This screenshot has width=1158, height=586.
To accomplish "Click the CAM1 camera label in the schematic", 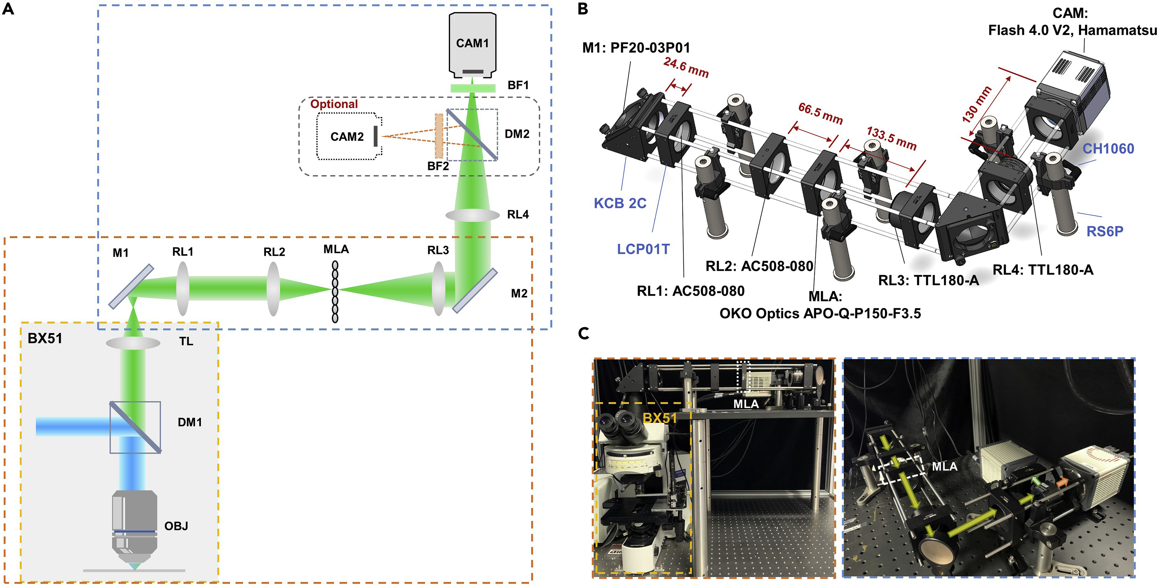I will (x=472, y=43).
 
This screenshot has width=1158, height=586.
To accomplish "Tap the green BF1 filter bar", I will (x=473, y=88).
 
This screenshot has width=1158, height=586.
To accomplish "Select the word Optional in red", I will (x=334, y=104).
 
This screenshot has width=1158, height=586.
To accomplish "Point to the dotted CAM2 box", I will (x=347, y=137).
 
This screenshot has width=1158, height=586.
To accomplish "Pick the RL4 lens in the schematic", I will (x=472, y=215).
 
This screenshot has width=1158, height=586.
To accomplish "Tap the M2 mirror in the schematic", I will (x=475, y=291).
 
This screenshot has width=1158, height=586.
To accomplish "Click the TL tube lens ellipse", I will (x=133, y=344).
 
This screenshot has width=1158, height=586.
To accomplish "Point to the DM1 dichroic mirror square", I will (x=135, y=427).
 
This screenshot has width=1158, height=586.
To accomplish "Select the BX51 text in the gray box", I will (x=45, y=339).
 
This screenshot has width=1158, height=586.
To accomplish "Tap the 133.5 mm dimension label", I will (x=891, y=138).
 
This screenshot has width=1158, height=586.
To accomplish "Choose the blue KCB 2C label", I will (x=620, y=203).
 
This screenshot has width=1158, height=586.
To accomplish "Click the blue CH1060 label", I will (x=1108, y=149).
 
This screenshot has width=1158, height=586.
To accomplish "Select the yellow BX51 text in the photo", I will (x=659, y=418).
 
